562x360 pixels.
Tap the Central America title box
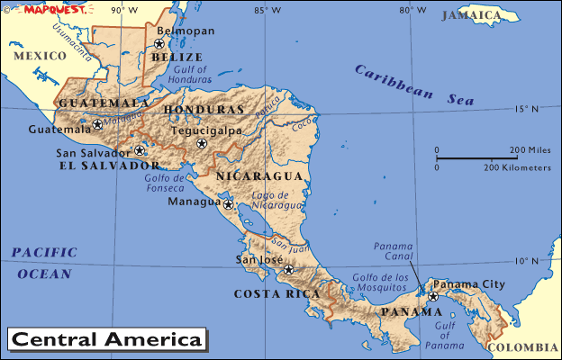[x=106, y=339]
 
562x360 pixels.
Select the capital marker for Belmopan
[x=159, y=42]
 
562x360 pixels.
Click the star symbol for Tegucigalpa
[x=202, y=143]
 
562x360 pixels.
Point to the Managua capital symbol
[x=229, y=204]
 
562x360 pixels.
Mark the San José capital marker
[x=288, y=269]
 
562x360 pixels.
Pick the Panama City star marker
[x=432, y=296]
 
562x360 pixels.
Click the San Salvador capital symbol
[x=140, y=150]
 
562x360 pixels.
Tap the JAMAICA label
[x=471, y=15]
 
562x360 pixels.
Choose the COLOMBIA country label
[x=522, y=346]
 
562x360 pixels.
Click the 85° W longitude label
[x=267, y=10]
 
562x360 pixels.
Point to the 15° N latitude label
[x=526, y=109]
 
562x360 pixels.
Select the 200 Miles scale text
[x=530, y=149]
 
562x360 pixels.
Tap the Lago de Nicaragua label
[x=271, y=200]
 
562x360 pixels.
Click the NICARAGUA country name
[x=253, y=175]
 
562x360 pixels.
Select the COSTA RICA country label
[x=276, y=293]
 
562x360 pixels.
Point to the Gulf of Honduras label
[x=193, y=74]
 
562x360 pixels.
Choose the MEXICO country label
[x=40, y=56]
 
